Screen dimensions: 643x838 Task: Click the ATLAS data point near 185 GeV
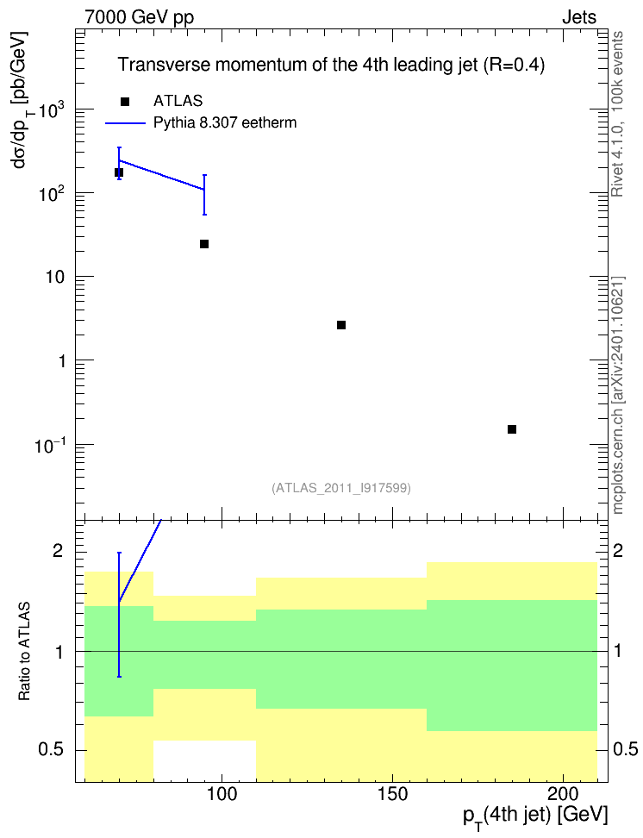pyautogui.click(x=511, y=429)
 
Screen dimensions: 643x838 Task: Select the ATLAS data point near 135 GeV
pyautogui.click(x=341, y=325)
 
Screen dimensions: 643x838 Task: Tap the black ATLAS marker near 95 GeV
pyautogui.click(x=204, y=244)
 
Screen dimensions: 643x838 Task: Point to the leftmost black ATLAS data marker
pyautogui.click(x=119, y=172)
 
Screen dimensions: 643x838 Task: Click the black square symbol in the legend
pyautogui.click(x=125, y=102)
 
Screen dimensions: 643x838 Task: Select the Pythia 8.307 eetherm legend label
pyautogui.click(x=224, y=123)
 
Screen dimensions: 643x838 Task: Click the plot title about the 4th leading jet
pyautogui.click(x=331, y=65)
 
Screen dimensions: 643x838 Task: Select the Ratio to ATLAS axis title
pyautogui.click(x=24, y=652)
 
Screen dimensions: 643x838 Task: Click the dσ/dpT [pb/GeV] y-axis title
pyautogui.click(x=22, y=99)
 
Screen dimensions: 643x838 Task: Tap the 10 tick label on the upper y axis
pyautogui.click(x=55, y=278)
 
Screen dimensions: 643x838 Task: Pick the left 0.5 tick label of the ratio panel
pyautogui.click(x=50, y=750)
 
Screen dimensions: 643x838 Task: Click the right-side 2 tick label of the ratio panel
pyautogui.click(x=618, y=551)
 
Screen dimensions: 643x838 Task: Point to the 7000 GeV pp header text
pyautogui.click(x=139, y=17)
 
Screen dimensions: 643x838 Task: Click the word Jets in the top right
pyautogui.click(x=579, y=17)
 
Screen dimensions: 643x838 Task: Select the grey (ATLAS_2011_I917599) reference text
pyautogui.click(x=341, y=488)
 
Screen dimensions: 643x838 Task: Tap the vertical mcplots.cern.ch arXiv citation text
pyautogui.click(x=618, y=395)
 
